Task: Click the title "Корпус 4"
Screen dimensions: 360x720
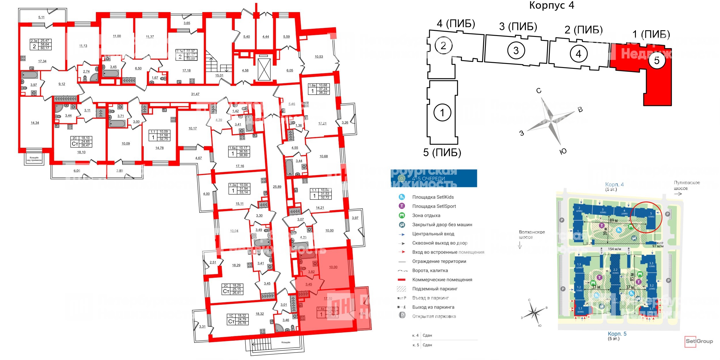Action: [552, 5]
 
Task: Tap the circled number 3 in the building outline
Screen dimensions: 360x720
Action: [516, 50]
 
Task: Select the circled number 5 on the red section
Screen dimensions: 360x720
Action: [657, 60]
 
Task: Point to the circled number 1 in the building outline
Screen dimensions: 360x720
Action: [442, 113]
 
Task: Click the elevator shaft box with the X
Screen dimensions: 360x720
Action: [264, 69]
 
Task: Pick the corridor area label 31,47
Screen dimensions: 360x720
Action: [195, 94]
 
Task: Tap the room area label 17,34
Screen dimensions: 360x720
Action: [42, 61]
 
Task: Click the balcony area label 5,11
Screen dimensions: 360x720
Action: [41, 17]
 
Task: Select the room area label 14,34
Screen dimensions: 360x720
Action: [35, 123]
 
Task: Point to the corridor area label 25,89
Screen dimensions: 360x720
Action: [277, 187]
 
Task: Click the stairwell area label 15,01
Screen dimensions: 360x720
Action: [219, 75]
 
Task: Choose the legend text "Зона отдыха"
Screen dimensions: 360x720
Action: [426, 215]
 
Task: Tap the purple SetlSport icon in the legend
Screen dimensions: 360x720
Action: [402, 206]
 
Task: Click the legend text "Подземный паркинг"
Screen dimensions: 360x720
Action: [435, 289]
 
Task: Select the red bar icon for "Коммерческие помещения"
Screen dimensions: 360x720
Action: [401, 280]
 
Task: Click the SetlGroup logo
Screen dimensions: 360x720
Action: [699, 341]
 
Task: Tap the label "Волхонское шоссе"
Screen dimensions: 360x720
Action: [532, 235]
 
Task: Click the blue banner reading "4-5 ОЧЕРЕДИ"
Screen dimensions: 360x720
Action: [434, 178]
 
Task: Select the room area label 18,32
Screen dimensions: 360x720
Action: [259, 314]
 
